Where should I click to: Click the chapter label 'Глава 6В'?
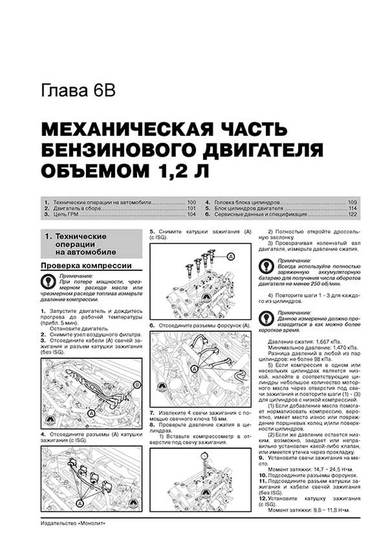[x=78, y=91]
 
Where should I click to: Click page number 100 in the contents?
[x=191, y=202]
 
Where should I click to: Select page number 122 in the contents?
[x=352, y=214]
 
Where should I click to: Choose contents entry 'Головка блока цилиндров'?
[x=247, y=202]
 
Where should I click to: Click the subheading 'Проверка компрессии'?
[x=86, y=266]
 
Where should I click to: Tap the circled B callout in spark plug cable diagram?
[x=137, y=385]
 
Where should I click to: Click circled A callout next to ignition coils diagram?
[x=231, y=256]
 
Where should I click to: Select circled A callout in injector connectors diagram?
[x=195, y=369]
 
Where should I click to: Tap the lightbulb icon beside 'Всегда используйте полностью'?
[x=266, y=266]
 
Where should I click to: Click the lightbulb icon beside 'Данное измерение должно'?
[x=266, y=319]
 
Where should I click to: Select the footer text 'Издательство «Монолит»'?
[x=73, y=523]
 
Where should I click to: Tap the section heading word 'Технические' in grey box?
[x=81, y=236]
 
